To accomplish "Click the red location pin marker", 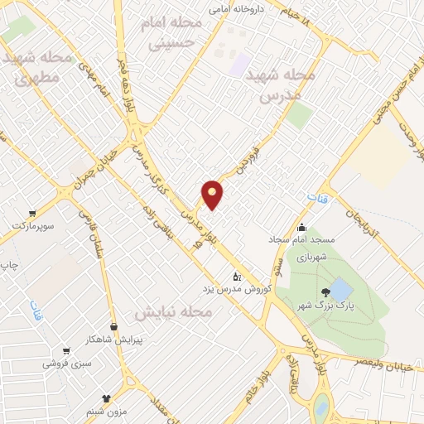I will pyautogui.click(x=213, y=195).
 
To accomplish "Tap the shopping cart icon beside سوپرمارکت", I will pyautogui.click(x=31, y=213).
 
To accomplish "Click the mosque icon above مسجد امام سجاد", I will pyautogui.click(x=301, y=228).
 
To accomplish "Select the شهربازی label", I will pyautogui.click(x=314, y=256).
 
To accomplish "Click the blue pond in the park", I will pyautogui.click(x=340, y=290).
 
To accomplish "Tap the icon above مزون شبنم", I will pyautogui.click(x=105, y=398).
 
